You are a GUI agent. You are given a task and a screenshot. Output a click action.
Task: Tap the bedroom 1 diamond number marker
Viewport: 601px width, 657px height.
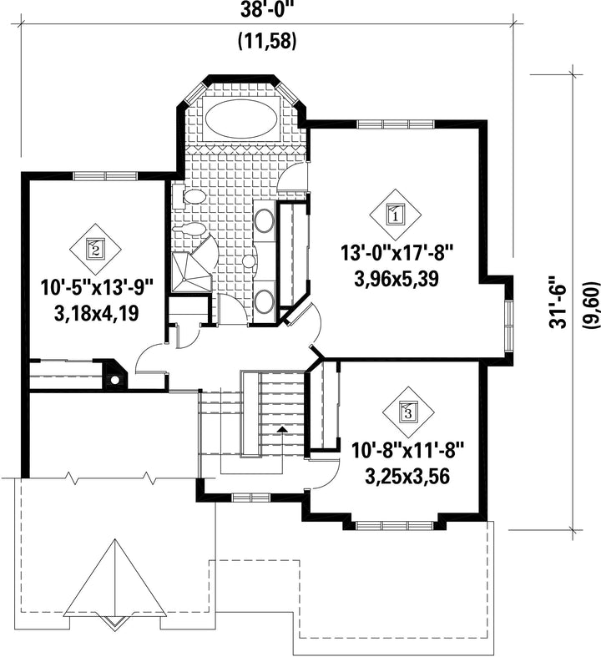pyautogui.click(x=395, y=215)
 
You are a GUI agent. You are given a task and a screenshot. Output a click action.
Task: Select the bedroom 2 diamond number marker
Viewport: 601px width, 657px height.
pyautogui.click(x=95, y=249)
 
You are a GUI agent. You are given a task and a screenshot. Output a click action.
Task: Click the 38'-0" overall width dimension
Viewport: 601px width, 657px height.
pyautogui.click(x=267, y=10)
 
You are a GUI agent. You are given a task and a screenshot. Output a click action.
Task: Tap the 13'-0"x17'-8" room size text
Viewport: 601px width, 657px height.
pyautogui.click(x=396, y=254)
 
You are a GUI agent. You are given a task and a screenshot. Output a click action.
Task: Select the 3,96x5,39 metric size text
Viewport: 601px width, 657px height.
pyautogui.click(x=396, y=279)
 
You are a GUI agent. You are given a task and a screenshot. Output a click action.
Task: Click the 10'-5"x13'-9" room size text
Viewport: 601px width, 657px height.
pyautogui.click(x=97, y=288)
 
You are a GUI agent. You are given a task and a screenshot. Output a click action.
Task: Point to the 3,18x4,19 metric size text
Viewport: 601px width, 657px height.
pyautogui.click(x=96, y=313)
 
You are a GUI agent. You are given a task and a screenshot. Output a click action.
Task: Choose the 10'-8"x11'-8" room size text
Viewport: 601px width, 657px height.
pyautogui.click(x=408, y=452)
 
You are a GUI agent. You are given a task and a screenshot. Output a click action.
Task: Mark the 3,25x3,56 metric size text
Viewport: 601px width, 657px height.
pyautogui.click(x=407, y=477)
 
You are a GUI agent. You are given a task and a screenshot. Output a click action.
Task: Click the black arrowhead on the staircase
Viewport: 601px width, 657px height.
pyautogui.click(x=282, y=428)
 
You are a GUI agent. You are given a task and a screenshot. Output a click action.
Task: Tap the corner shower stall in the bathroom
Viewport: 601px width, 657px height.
pyautogui.click(x=190, y=271)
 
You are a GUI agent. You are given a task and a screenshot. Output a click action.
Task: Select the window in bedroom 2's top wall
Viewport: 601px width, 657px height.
pyautogui.click(x=105, y=176)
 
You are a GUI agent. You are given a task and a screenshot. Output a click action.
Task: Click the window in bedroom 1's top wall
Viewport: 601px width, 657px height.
pyautogui.click(x=396, y=124)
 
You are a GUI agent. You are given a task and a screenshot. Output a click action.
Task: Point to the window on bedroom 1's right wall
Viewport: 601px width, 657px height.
pyautogui.click(x=509, y=326)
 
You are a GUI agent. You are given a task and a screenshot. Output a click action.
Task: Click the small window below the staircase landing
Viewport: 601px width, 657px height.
pyautogui.click(x=250, y=498)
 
